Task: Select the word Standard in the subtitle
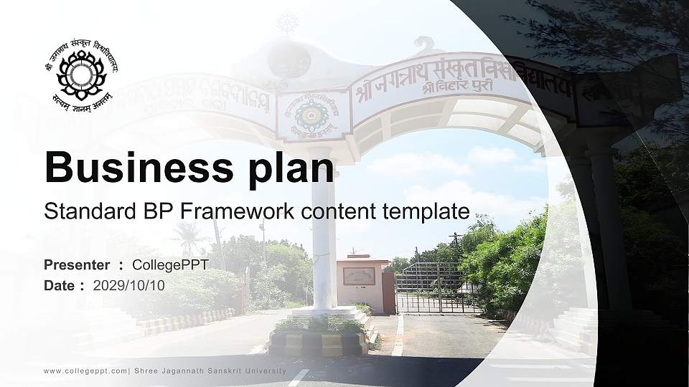(85, 211)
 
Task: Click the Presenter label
(77, 265)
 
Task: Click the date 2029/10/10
(129, 285)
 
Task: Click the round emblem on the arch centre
(312, 114)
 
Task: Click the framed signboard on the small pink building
(359, 276)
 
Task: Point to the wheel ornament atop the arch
(288, 22)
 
